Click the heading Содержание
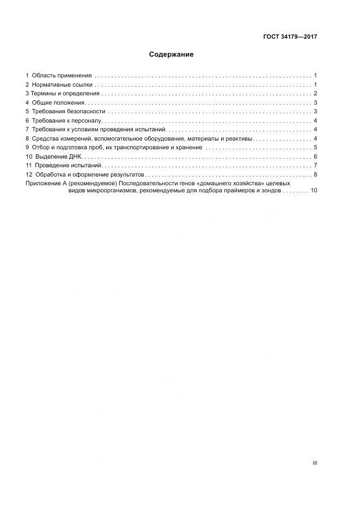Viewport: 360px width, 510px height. pyautogui.click(x=171, y=55)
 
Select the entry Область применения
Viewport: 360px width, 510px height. pyautogui.click(x=62, y=75)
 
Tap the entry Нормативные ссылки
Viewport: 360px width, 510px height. pyautogui.click(x=63, y=85)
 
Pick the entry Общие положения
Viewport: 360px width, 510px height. pyautogui.click(x=58, y=102)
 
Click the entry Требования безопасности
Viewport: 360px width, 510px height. pyautogui.click(x=68, y=111)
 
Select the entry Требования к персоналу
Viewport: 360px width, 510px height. pyautogui.click(x=67, y=120)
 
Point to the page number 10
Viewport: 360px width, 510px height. pyautogui.click(x=314, y=191)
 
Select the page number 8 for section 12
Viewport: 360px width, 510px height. pyautogui.click(x=315, y=174)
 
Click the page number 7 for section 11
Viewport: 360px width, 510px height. pyautogui.click(x=315, y=165)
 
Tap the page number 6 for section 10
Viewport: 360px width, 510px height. pyautogui.click(x=315, y=156)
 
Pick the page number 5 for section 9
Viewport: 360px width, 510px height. pyautogui.click(x=315, y=147)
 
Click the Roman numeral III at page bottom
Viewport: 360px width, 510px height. pyautogui.click(x=314, y=463)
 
